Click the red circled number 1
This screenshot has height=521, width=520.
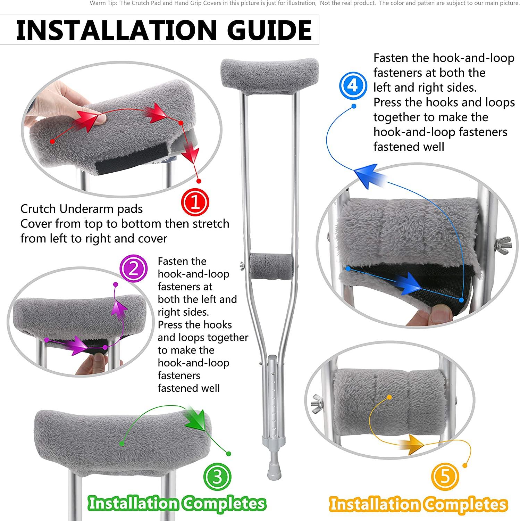195,202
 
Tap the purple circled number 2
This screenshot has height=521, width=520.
133,269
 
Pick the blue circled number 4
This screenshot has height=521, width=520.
353,85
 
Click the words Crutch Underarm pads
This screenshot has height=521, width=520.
82,209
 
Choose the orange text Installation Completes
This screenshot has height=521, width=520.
419,504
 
